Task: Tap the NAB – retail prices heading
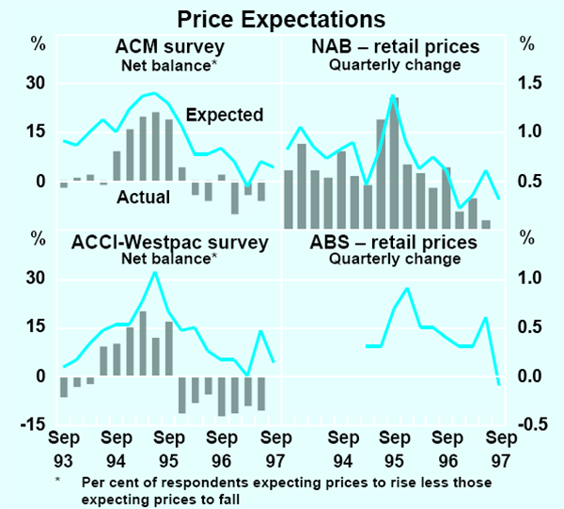394,46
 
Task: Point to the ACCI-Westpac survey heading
170,242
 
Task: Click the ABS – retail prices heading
394,242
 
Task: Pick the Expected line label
224,116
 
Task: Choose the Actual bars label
143,198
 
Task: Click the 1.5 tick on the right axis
530,83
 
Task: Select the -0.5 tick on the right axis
528,424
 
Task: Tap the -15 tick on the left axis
33,424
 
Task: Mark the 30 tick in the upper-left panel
35,83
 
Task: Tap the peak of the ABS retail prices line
406,288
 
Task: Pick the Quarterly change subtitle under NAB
394,65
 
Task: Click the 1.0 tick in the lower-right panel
530,278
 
